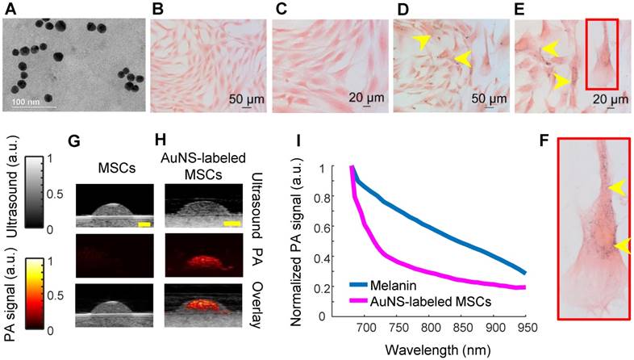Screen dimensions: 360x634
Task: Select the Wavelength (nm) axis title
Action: (x=440, y=350)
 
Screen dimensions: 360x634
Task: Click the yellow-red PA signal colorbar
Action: (x=28, y=294)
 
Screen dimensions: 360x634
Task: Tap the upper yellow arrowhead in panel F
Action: (x=617, y=187)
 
